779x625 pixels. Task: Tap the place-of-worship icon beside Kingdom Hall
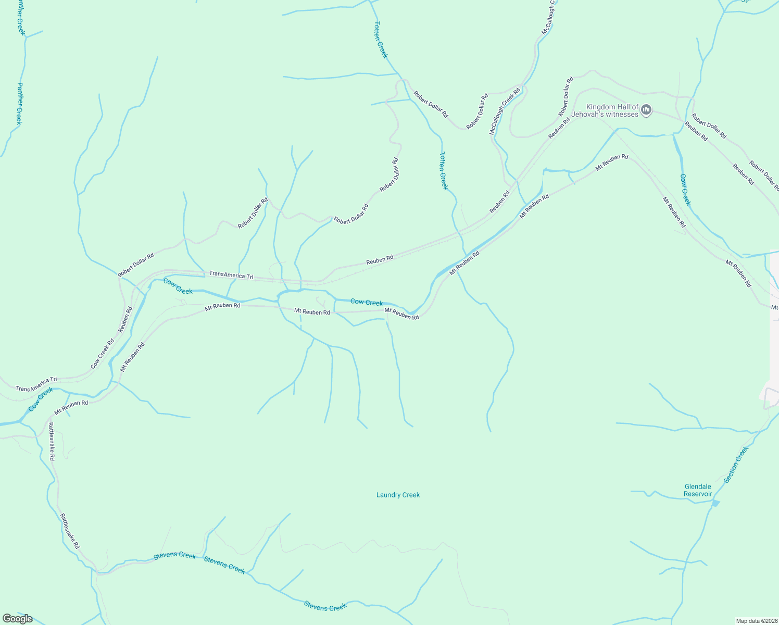click(x=646, y=109)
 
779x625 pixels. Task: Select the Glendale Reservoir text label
click(x=698, y=490)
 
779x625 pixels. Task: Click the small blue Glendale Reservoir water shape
click(x=715, y=503)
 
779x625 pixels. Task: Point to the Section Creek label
click(x=736, y=464)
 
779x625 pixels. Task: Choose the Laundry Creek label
click(x=398, y=495)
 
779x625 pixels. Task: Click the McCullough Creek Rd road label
click(x=505, y=112)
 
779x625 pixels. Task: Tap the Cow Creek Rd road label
click(x=102, y=354)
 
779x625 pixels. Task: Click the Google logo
click(x=17, y=619)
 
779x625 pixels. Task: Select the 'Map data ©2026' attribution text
click(x=756, y=621)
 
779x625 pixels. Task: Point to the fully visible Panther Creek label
click(x=19, y=103)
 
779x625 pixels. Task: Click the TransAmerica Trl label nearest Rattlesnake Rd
click(x=36, y=384)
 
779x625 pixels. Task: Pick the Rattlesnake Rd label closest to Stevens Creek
click(x=70, y=531)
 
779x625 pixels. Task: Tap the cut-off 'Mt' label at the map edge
click(x=774, y=307)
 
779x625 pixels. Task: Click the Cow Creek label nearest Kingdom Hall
click(x=685, y=190)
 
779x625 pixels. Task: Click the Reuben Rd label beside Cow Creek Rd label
click(x=125, y=319)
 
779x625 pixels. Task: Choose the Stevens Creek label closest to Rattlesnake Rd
click(x=175, y=556)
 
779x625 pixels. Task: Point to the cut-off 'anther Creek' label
click(x=20, y=17)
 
